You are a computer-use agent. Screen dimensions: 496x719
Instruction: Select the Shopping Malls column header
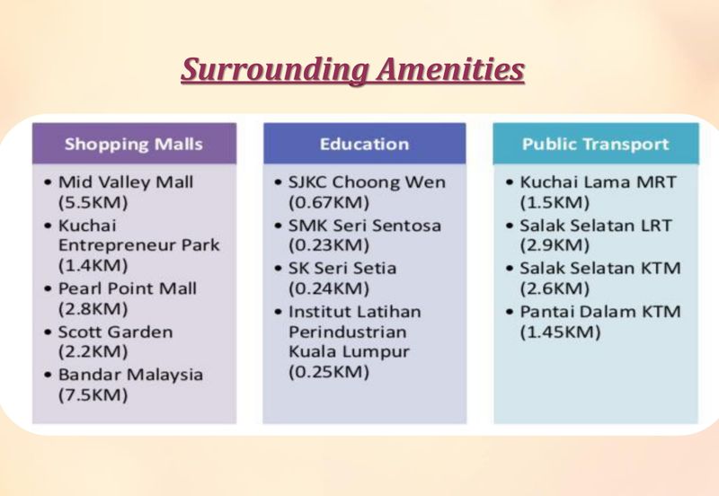pos(134,144)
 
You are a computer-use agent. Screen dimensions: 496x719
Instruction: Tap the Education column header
pos(364,144)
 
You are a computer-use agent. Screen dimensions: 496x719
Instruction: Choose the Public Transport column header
pos(595,144)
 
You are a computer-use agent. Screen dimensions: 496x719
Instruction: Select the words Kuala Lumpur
pos(348,352)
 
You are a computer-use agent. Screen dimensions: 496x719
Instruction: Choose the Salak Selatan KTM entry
pos(599,268)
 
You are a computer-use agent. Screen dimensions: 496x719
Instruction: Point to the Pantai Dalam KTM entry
pos(599,311)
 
